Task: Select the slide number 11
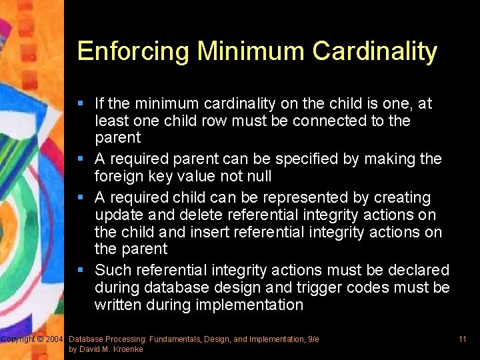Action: point(462,339)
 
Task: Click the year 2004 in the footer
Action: point(54,339)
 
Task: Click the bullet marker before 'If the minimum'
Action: point(81,103)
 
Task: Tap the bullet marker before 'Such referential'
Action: point(81,270)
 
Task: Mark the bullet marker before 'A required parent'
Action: point(81,159)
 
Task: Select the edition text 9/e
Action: point(311,339)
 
